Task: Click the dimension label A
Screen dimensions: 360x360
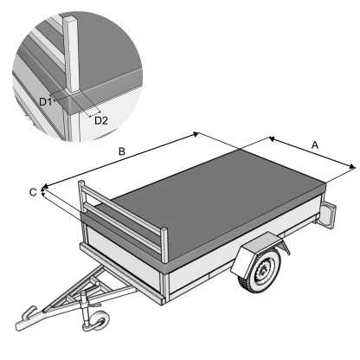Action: (x=315, y=145)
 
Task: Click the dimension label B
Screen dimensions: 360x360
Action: (x=122, y=151)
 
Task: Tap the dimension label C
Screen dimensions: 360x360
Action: (x=33, y=192)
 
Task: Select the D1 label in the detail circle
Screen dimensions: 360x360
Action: (x=45, y=101)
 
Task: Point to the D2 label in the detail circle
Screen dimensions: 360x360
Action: (x=101, y=120)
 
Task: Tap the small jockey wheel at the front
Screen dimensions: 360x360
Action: (x=98, y=321)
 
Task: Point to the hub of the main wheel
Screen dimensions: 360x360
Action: (x=262, y=271)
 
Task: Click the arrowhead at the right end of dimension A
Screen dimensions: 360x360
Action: (x=352, y=166)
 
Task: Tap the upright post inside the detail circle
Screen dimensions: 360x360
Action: (x=71, y=55)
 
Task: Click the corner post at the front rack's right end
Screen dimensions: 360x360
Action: (x=164, y=245)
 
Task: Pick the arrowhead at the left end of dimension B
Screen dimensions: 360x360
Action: (x=46, y=186)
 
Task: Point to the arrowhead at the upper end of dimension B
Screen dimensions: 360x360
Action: (x=196, y=134)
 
